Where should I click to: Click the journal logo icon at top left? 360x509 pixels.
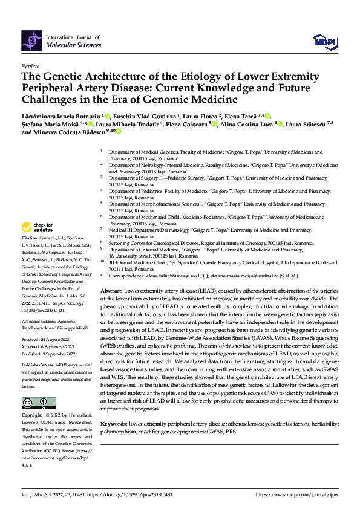pos(32,40)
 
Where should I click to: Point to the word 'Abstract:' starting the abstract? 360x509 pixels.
pos(112,291)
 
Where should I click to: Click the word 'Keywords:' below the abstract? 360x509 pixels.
pos(114,425)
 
